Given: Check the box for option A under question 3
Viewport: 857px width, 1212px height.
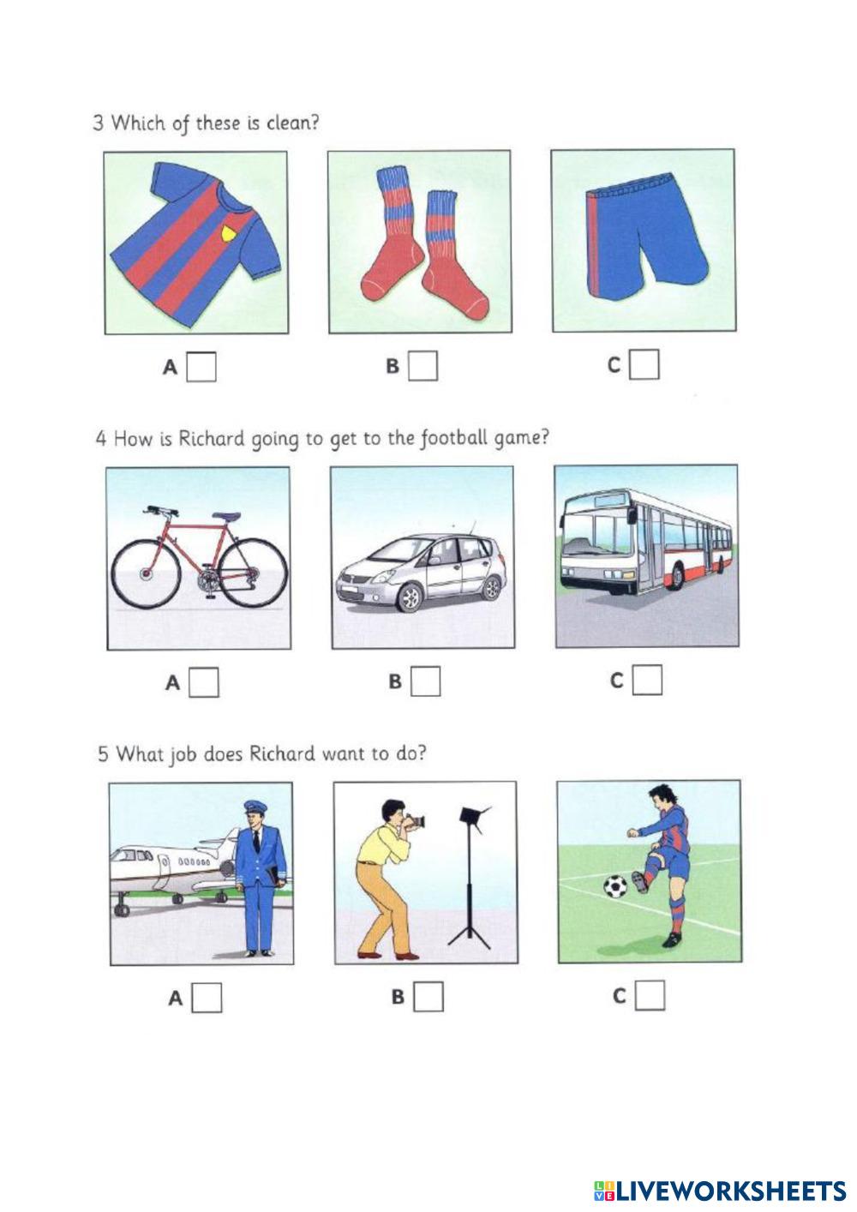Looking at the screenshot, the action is (201, 367).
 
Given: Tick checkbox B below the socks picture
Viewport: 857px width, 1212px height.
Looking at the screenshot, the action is (423, 366).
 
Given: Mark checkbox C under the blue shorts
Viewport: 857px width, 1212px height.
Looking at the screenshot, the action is (645, 364).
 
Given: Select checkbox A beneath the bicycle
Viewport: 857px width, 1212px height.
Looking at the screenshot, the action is (204, 683).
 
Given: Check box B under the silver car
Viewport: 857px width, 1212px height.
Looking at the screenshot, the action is (426, 681).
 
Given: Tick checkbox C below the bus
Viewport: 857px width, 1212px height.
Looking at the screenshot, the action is (648, 680).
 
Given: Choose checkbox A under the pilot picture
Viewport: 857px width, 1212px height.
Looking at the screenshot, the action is (207, 998).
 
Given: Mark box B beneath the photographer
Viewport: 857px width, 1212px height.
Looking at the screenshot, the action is (428, 997).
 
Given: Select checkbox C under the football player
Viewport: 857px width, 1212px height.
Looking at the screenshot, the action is (650, 995).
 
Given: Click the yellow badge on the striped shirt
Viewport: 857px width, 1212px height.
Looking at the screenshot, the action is (230, 234).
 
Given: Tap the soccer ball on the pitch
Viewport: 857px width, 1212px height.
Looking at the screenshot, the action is (615, 886).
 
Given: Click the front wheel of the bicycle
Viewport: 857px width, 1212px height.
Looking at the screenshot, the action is (145, 573).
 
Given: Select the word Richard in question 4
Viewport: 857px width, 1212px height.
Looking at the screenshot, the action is (212, 438).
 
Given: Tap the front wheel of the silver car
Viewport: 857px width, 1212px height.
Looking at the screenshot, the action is (410, 598).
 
